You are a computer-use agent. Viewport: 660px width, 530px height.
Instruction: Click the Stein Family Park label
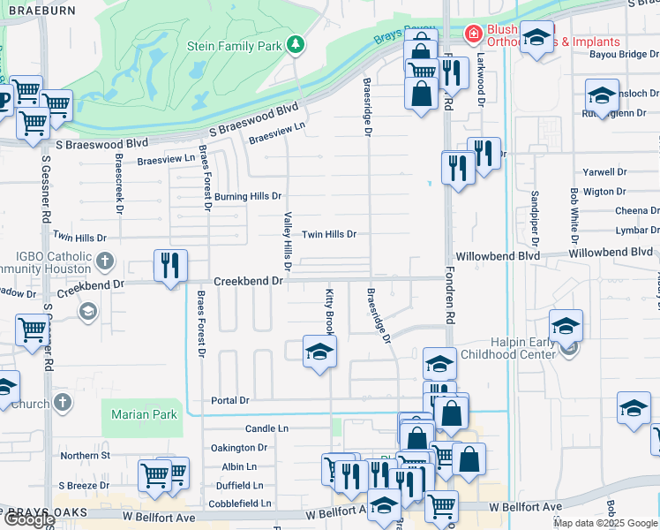click(x=234, y=45)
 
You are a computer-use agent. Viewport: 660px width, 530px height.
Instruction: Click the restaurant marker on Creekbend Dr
click(x=170, y=265)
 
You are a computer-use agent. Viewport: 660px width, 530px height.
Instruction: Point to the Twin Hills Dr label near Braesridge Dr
click(x=329, y=234)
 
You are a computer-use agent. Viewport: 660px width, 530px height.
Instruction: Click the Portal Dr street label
click(x=231, y=400)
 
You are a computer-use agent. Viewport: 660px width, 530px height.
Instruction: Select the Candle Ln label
click(x=266, y=428)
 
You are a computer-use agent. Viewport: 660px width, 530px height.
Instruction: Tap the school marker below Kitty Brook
click(x=319, y=352)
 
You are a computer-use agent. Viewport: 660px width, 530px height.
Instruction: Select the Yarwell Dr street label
click(x=604, y=172)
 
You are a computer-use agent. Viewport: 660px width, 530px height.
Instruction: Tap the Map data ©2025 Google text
click(x=606, y=523)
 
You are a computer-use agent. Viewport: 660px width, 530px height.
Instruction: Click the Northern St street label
click(x=85, y=456)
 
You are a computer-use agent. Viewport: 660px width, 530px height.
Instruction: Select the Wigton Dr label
click(x=604, y=191)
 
